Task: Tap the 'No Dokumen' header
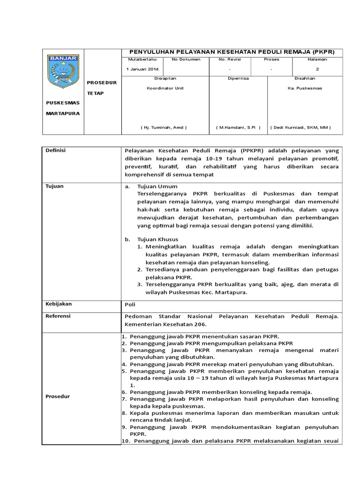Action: [186, 60]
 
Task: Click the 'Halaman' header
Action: [317, 60]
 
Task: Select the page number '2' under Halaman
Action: [317, 69]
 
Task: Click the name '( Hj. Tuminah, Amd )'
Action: [164, 127]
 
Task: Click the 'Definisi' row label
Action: [55, 150]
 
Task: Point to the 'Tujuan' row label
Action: [54, 186]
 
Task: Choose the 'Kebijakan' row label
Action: [58, 304]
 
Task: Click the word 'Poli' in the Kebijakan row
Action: [130, 305]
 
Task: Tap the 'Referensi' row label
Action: [58, 316]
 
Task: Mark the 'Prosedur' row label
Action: [57, 396]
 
